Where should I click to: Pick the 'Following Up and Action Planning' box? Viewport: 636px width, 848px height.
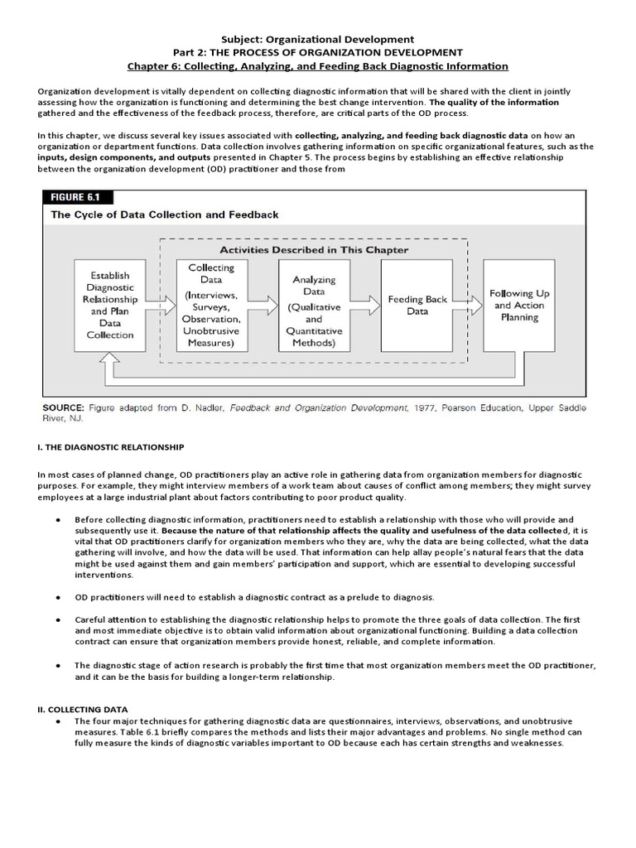click(x=519, y=305)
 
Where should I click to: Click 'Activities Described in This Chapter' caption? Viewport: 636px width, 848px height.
click(x=313, y=249)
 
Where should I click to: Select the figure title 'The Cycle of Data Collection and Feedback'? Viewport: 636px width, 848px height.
click(x=165, y=214)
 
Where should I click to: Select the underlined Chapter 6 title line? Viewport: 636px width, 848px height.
click(x=318, y=65)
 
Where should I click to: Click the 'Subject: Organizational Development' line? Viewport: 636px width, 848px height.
click(x=318, y=38)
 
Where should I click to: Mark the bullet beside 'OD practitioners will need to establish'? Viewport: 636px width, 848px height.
click(x=57, y=597)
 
